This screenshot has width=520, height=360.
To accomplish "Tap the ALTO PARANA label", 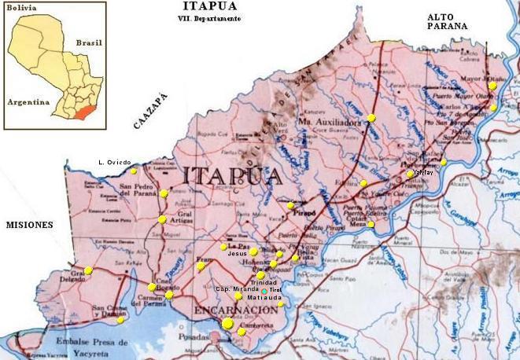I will click(447, 20).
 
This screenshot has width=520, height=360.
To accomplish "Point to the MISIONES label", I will click(29, 225).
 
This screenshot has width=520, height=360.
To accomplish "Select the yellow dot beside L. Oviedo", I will click(134, 171).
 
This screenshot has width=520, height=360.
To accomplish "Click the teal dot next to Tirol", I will click(264, 290).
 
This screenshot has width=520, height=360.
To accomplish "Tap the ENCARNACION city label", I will click(235, 310).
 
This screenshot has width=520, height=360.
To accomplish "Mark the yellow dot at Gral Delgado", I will click(89, 270).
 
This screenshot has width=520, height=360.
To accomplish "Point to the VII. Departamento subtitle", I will click(209, 19).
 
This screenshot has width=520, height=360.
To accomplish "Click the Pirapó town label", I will click(304, 213).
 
